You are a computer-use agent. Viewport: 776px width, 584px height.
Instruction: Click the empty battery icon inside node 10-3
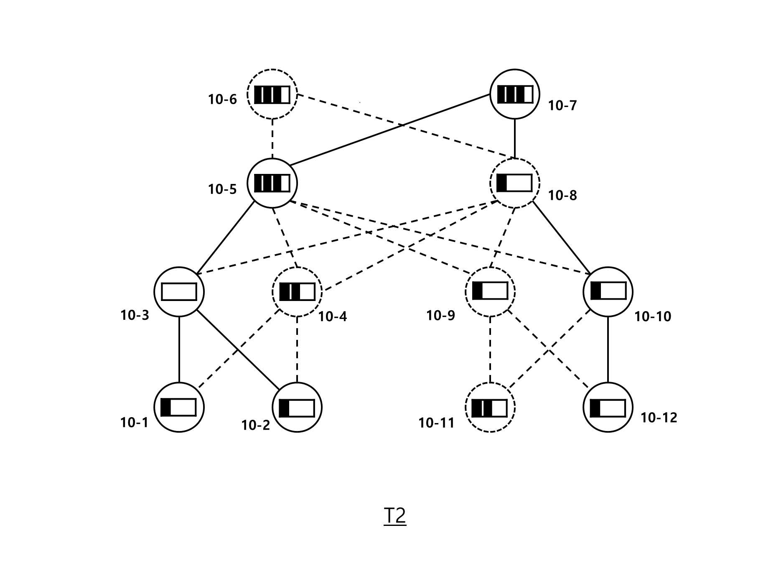[179, 292]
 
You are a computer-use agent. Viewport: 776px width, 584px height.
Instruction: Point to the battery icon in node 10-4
[297, 292]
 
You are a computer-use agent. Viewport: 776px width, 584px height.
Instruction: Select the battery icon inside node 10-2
[297, 408]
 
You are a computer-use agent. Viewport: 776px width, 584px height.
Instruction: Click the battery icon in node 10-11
[490, 408]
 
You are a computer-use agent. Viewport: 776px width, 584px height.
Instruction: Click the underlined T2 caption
[395, 516]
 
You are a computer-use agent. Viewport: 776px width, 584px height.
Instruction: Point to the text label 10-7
[562, 106]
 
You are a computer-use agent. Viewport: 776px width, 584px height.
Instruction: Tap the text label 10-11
[436, 423]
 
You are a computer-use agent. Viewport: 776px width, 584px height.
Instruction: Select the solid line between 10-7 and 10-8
[514, 139]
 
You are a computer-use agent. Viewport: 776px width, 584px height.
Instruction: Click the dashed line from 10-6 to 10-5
[272, 139]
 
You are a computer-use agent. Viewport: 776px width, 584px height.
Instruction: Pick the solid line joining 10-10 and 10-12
[608, 349]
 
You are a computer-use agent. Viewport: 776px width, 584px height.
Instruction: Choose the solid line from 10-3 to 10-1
[179, 349]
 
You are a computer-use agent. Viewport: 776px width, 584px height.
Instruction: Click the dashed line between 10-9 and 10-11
[490, 349]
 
